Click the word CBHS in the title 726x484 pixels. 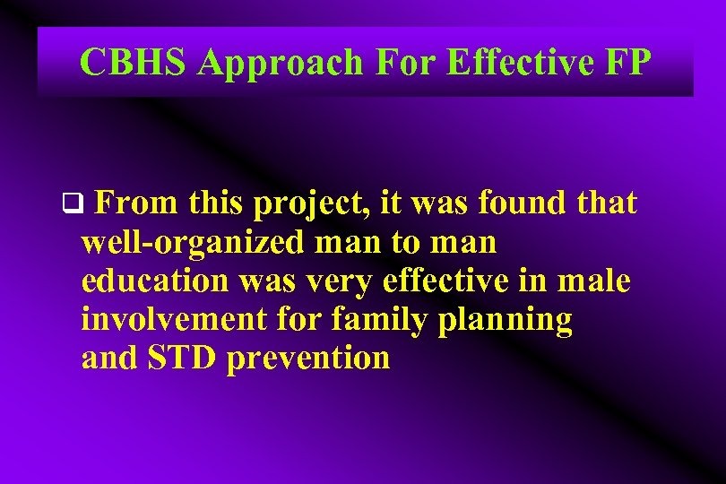[x=134, y=63]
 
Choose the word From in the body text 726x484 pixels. [x=134, y=204]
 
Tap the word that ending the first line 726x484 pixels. [x=607, y=204]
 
